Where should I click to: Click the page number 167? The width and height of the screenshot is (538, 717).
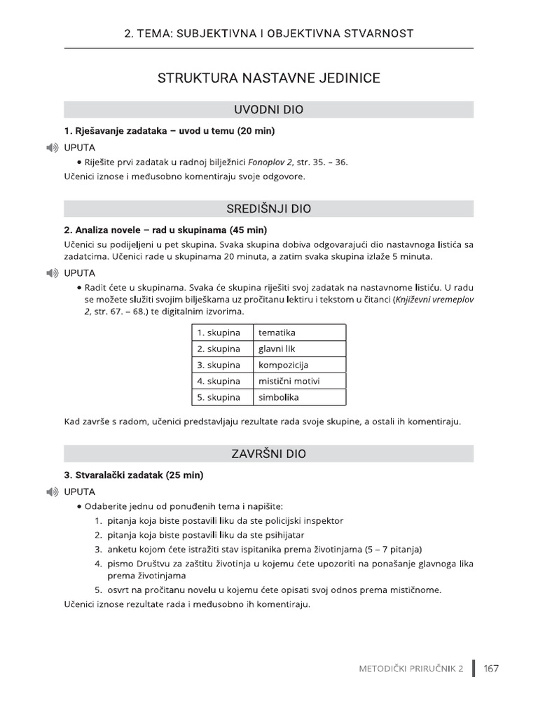tap(491, 669)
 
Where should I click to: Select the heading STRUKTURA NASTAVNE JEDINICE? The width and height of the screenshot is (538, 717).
tap(269, 78)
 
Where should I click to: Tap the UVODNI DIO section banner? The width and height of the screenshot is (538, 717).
tap(269, 110)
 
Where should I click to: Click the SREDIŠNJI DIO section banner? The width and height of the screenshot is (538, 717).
tap(269, 209)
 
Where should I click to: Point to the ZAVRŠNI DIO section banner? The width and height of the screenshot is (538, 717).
tap(269, 454)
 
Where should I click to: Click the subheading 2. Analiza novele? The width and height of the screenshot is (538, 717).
tap(165, 230)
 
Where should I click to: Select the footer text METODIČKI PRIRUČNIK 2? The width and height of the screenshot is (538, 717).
tap(411, 669)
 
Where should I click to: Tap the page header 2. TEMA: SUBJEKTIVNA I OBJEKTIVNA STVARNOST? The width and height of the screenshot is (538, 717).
tap(269, 33)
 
